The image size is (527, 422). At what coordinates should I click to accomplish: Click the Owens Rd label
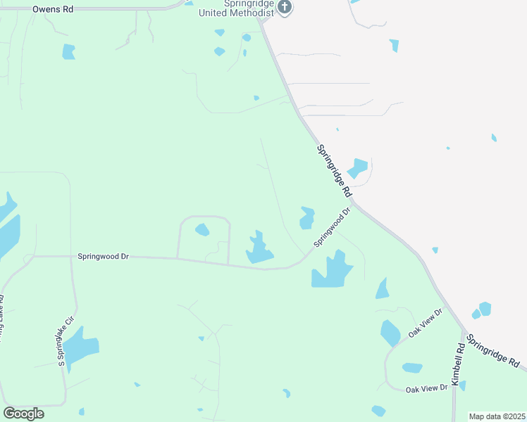point(54,10)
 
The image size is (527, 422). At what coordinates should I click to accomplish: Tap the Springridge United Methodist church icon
point(285,8)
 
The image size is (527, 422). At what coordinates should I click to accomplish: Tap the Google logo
point(23,414)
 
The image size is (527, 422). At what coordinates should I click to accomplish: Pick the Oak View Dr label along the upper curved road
point(425,323)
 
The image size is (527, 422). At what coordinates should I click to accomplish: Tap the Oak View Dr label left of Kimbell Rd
point(426,388)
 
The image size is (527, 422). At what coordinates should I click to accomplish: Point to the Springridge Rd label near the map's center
point(333,170)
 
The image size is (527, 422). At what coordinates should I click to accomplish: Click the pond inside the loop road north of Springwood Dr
point(202,229)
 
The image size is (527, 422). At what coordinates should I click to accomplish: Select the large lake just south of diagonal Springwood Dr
point(331,270)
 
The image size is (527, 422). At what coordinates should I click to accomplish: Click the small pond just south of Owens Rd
point(68,51)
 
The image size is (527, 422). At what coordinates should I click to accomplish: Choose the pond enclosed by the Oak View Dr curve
point(412,367)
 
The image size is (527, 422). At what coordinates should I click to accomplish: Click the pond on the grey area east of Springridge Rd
point(357,168)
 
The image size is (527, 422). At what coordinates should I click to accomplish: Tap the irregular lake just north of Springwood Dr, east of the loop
point(259,249)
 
